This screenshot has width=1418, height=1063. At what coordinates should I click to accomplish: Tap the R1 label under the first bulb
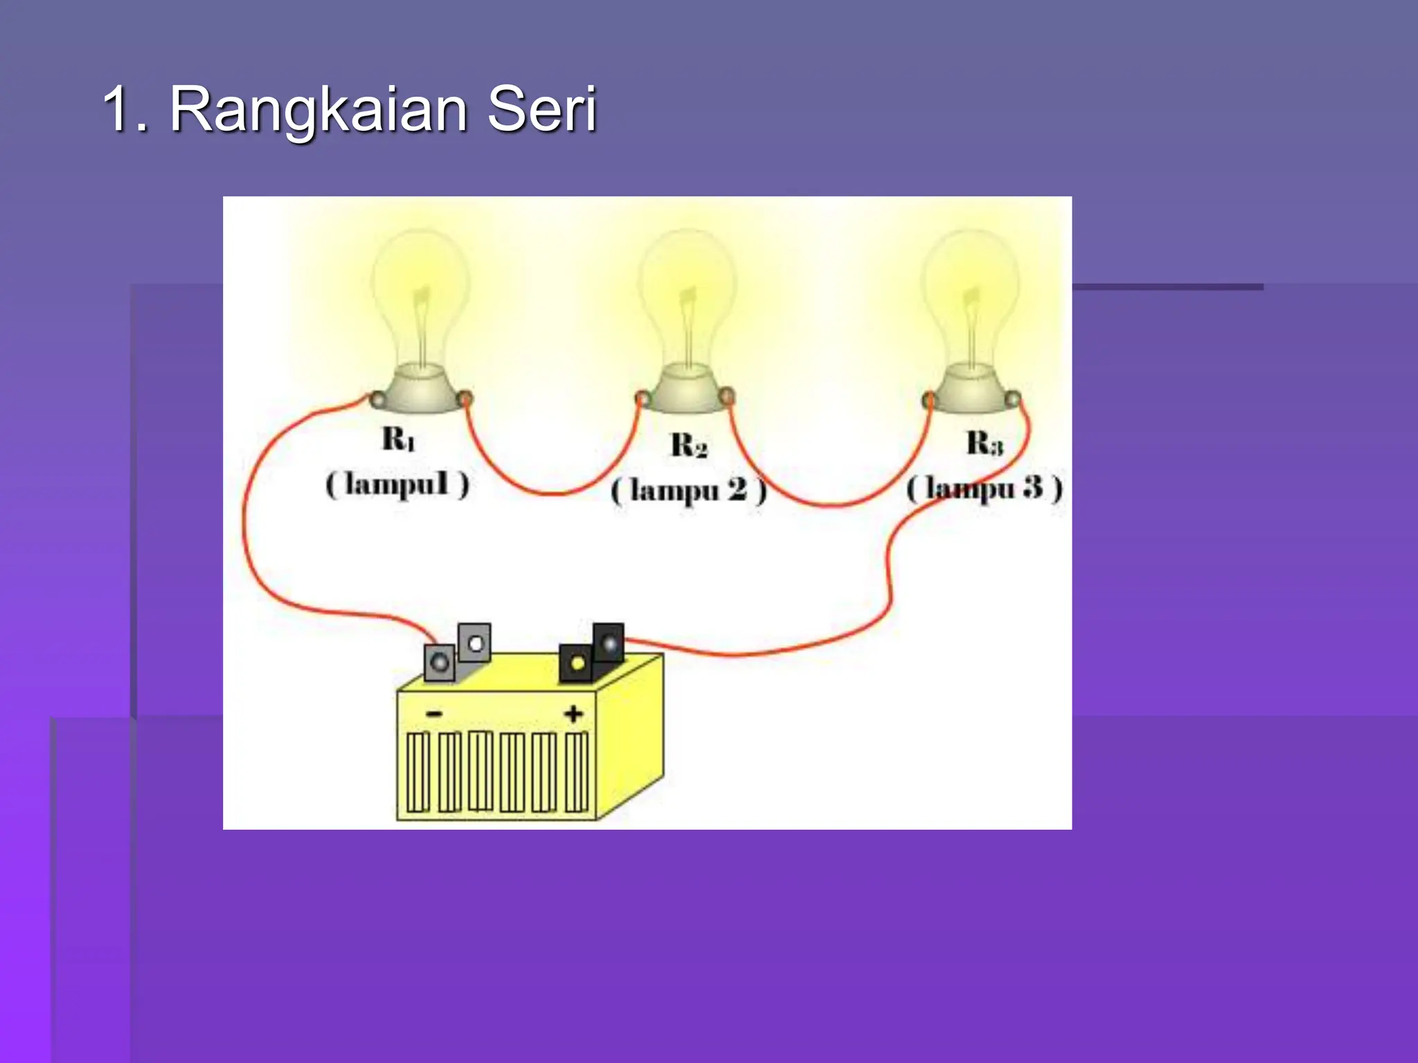(399, 439)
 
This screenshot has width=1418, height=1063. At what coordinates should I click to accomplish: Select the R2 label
(689, 445)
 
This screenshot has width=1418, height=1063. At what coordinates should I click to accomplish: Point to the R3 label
(984, 443)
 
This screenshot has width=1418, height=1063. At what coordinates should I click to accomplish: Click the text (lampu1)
(397, 484)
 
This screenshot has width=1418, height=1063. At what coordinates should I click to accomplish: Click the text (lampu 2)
(689, 491)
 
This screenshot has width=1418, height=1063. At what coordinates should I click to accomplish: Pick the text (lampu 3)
(984, 489)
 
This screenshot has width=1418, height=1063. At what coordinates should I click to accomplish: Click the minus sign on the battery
(434, 714)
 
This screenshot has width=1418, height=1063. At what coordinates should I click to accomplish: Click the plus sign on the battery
(573, 714)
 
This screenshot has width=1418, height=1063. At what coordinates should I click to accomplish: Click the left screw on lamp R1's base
(377, 399)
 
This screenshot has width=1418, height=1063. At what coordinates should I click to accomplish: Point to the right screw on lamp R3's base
(1012, 399)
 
